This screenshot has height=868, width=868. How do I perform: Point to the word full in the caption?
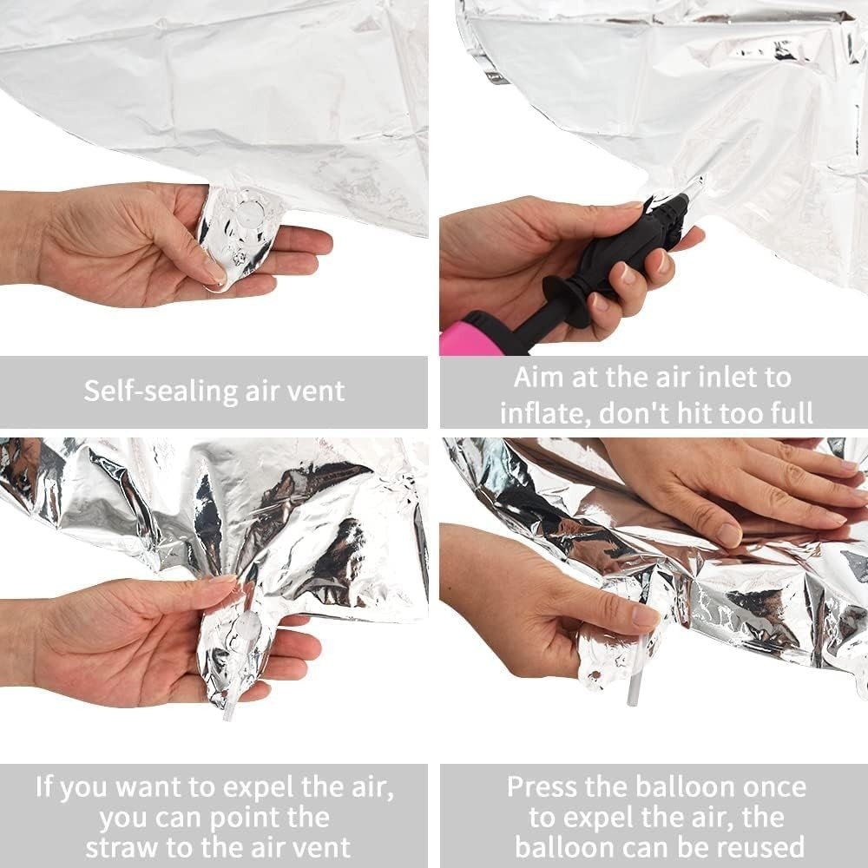[790, 413]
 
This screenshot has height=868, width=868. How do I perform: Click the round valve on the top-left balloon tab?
[251, 210]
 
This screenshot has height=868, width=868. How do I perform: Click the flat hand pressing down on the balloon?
[736, 487]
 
